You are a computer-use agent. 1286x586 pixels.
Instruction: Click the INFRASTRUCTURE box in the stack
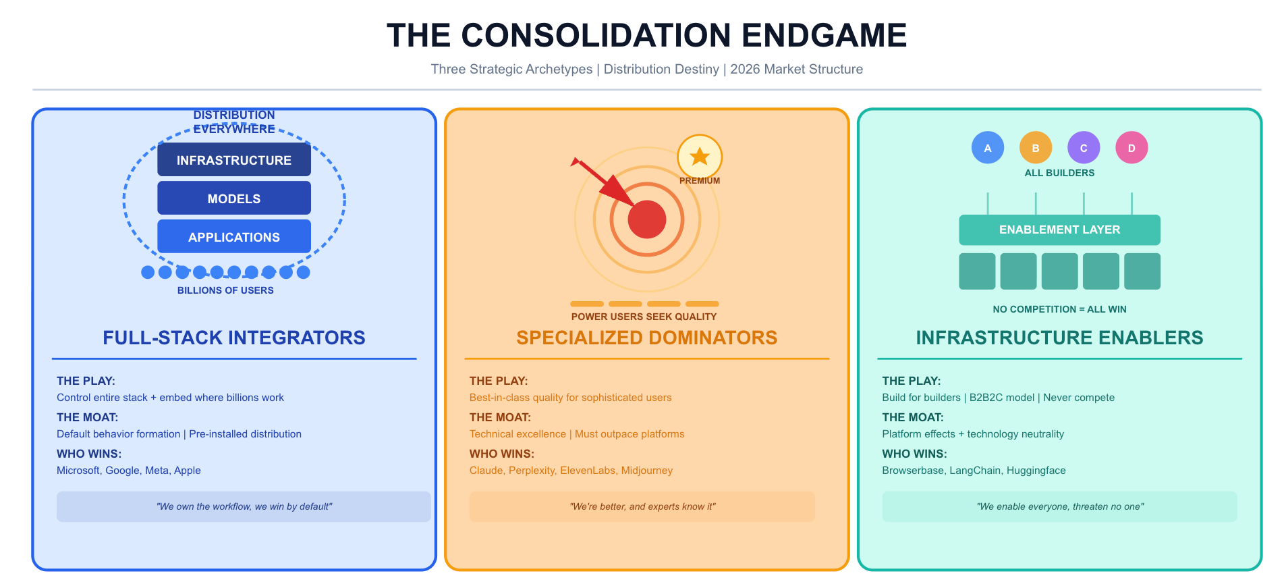coord(234,160)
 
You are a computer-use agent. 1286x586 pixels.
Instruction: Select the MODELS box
coord(234,198)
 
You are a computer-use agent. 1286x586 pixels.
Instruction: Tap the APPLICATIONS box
coord(234,237)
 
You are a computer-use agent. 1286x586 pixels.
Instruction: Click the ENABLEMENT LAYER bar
coord(1059,230)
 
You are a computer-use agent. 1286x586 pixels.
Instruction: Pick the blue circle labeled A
coord(988,148)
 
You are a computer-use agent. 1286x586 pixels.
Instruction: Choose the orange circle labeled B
coord(1036,148)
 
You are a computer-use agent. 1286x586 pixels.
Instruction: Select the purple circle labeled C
coord(1084,148)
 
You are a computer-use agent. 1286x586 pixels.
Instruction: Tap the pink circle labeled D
coord(1131,148)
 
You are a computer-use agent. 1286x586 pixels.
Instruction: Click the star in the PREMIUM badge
coord(700,157)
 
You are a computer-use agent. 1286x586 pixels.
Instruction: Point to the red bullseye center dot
coord(647,219)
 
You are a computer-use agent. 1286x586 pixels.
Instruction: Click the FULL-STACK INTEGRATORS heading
coord(234,338)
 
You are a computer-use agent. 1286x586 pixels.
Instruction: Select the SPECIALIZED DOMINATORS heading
coord(647,338)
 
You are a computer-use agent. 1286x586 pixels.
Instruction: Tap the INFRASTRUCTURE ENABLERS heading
coord(1059,338)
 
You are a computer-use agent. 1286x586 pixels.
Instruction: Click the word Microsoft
coord(78,471)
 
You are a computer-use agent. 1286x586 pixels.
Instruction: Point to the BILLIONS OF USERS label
coord(225,290)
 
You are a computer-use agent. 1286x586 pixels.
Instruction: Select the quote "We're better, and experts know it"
coord(642,506)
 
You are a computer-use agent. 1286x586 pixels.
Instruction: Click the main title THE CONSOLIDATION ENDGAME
coord(646,35)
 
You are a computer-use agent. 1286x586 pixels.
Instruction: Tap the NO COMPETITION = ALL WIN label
coord(1059,309)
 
